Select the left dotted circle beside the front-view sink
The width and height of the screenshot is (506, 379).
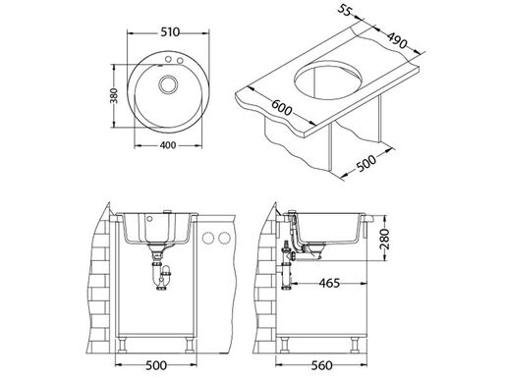pyautogui.click(x=207, y=239)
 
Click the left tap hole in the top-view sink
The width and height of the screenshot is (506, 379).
pyautogui.click(x=167, y=61)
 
